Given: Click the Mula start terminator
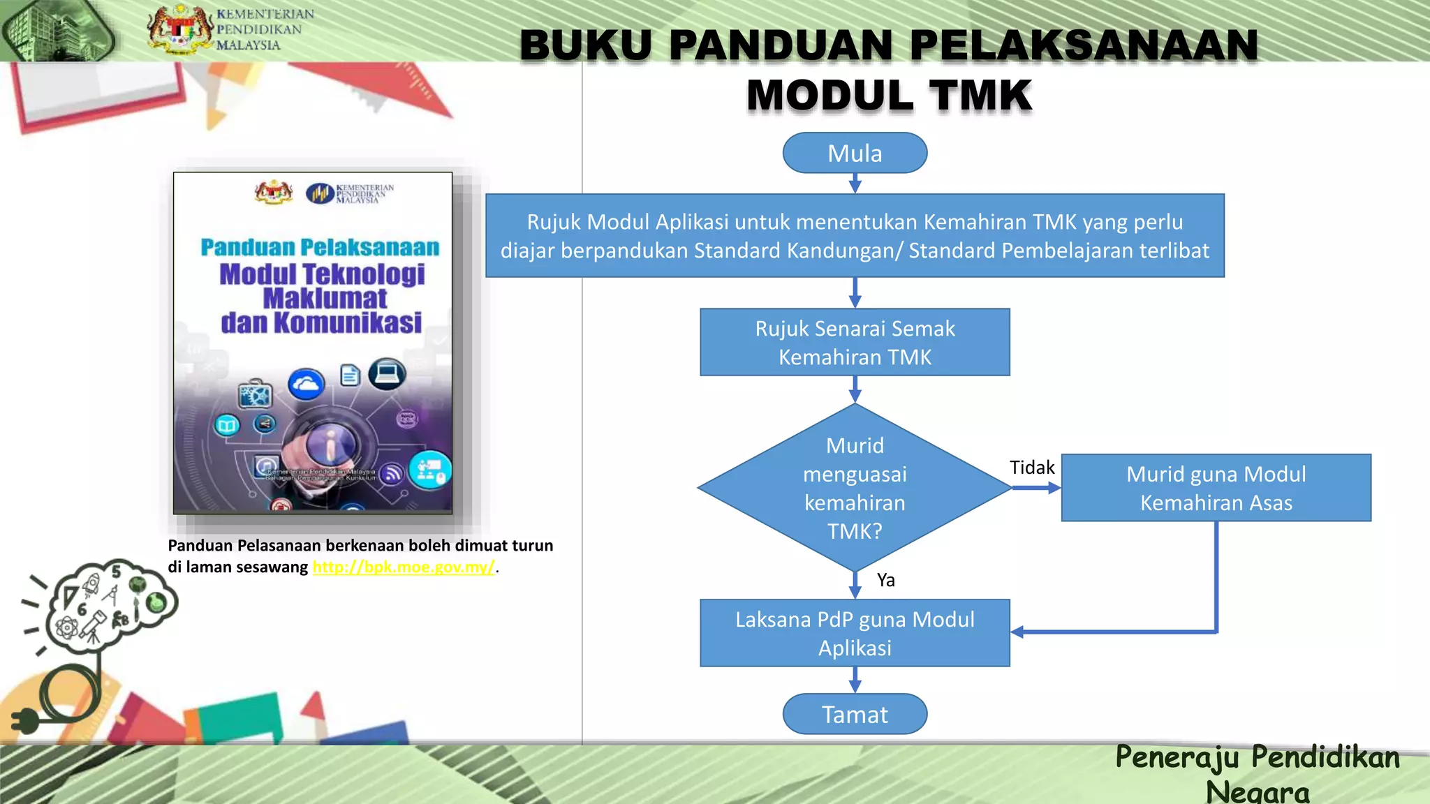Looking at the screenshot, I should coord(855,153).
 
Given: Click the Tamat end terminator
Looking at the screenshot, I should coord(855,714).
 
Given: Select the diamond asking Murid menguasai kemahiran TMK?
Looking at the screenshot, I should coord(855,488).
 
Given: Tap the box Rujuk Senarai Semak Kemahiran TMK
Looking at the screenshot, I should coord(855,342).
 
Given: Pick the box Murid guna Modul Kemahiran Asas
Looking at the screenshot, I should coord(1216,488).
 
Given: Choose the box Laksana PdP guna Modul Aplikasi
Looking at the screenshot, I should coord(855,633).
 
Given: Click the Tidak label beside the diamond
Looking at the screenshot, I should coord(1031,467).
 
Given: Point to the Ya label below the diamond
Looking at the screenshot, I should coord(885,580).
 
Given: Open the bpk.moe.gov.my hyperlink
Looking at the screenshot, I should coord(404,567).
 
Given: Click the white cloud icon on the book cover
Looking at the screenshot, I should coord(307,384).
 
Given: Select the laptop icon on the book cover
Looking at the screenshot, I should coord(387,374).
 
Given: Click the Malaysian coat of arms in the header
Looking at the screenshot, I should coord(180,29).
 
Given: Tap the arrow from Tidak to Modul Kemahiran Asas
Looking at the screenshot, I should coord(1036,488).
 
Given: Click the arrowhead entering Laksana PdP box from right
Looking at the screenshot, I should coord(1017,632).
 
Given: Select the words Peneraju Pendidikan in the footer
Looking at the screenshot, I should coord(1257,757).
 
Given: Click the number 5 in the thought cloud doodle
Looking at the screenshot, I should coord(117,572).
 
